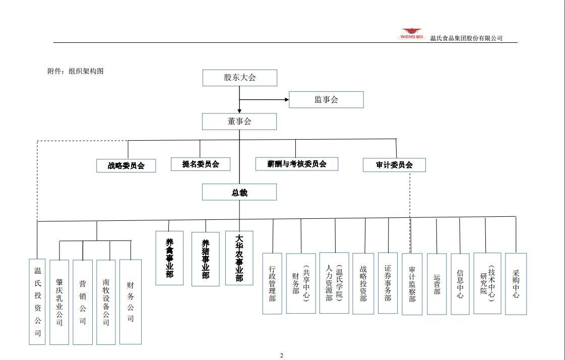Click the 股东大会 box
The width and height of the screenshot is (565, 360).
coord(239,78)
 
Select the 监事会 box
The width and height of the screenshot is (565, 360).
coord(326,100)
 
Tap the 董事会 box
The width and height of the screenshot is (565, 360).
coord(239,122)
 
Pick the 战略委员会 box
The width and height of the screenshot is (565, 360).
coord(126,165)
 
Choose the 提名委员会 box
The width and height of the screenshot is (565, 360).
coord(201,164)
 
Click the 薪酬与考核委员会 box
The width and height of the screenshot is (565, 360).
coord(297,164)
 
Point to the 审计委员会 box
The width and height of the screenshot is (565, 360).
coord(394,165)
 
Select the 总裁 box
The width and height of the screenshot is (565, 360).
coord(239,192)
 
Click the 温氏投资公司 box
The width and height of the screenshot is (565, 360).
coord(37,302)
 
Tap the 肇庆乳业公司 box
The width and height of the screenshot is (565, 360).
coord(59,302)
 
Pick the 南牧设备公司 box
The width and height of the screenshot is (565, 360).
coord(106,302)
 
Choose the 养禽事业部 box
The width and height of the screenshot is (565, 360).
coord(169,258)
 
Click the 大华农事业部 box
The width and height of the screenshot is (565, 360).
coord(239,258)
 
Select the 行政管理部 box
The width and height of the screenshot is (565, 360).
coord(272,283)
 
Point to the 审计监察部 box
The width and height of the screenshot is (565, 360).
coord(412,284)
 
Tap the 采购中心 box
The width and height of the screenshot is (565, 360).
coord(516,284)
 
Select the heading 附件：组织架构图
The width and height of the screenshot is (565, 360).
coord(76,71)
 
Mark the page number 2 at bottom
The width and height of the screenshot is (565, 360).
coord(282,355)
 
